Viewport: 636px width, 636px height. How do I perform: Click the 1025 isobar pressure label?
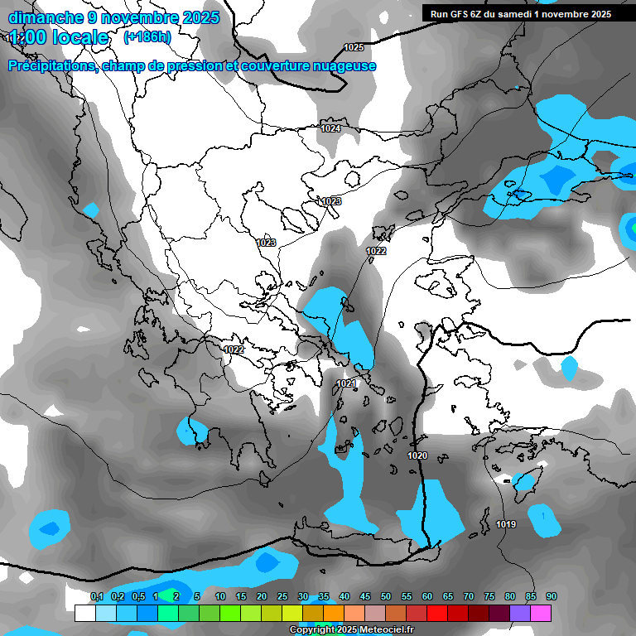pos(354,47)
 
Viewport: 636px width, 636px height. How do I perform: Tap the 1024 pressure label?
pos(330,128)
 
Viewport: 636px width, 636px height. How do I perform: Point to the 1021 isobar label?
pos(346,383)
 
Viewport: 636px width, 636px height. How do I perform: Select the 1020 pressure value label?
pos(417,456)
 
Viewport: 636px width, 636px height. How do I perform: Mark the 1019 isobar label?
pos(506,524)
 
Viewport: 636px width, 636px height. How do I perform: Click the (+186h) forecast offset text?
pos(147,37)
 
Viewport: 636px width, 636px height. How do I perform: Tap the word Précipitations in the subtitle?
pos(52,66)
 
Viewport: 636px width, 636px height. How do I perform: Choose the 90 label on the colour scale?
pos(551,596)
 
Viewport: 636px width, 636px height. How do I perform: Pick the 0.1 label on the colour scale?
pos(96,596)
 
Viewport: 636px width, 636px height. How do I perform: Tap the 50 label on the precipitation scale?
pos(386,596)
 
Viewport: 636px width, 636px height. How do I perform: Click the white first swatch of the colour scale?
pos(84,613)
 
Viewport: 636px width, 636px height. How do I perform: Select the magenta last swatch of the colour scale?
pos(541,613)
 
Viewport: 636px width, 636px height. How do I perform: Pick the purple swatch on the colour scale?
pos(520,613)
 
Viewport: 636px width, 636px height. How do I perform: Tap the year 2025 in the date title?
pos(200,17)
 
